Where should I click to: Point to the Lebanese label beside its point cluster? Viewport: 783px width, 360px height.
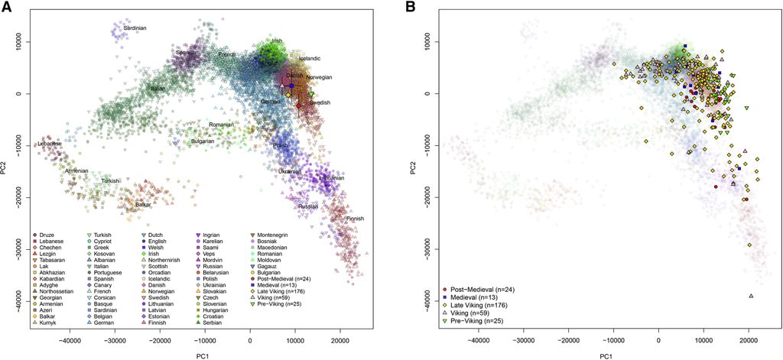tap(48, 144)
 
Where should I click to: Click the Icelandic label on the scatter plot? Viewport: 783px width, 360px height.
tap(309, 58)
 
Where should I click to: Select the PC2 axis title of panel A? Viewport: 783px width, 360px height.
tap(5, 172)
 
